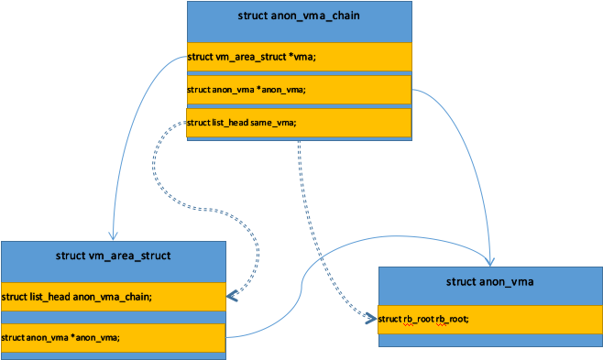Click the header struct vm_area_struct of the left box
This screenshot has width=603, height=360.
(x=113, y=256)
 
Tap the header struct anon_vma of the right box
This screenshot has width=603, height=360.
(x=490, y=281)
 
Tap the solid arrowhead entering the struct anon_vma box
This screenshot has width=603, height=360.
(x=492, y=262)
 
